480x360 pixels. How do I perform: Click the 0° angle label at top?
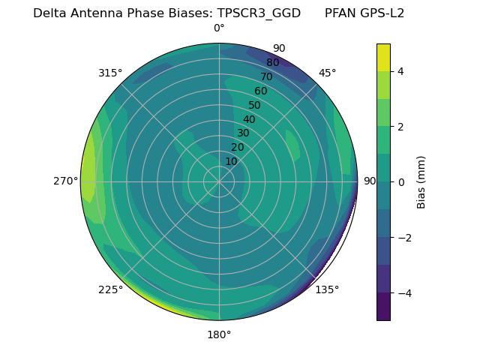[x=219, y=28]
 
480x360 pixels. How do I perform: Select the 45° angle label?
[x=327, y=73]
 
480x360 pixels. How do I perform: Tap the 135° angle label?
[x=327, y=289]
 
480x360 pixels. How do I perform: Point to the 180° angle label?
[x=219, y=334]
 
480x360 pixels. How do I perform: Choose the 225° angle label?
[x=110, y=289]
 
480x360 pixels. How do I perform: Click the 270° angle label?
[x=65, y=181]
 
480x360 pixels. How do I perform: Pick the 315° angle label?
[x=110, y=73]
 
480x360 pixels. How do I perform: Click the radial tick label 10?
[x=231, y=161]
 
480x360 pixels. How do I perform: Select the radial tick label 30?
[x=243, y=133]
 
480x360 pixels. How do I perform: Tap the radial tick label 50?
[x=255, y=105]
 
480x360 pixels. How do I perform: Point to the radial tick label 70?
[x=266, y=76]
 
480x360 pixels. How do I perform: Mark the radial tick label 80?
[x=272, y=62]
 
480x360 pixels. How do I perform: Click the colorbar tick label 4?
[x=401, y=71]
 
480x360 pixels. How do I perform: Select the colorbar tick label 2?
[x=401, y=126]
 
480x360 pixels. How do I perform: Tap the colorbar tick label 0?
[x=401, y=181]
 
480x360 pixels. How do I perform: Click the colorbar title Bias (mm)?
[x=421, y=181]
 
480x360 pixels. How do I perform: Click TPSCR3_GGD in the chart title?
[x=259, y=13]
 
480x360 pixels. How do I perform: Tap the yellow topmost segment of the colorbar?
[x=383, y=58]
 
